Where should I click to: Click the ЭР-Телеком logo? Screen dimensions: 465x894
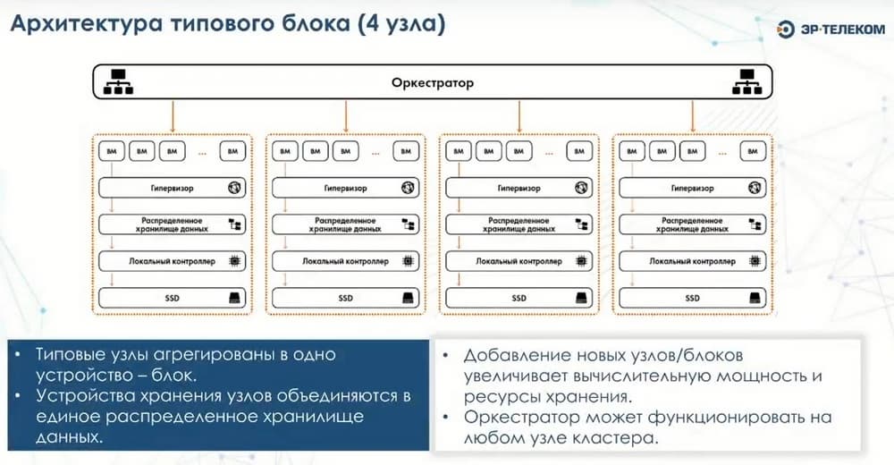coord(831,29)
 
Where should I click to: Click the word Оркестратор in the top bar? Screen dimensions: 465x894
coord(433,83)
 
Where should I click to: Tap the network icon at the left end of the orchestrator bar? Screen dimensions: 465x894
coord(117,83)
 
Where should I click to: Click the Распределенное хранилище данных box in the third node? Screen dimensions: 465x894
coord(518,224)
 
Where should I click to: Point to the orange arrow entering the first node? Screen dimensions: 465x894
coord(172,116)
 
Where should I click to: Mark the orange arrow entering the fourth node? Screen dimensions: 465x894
coord(694,116)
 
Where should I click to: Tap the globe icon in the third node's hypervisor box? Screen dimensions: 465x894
coord(581,189)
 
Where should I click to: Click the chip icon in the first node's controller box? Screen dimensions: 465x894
coord(234,261)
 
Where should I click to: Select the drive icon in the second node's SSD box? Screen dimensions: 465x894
coord(408,298)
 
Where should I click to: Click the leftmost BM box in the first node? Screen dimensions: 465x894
coord(112,151)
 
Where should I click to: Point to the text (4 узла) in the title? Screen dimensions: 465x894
coord(400,24)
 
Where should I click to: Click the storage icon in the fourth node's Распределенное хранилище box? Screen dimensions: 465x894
coord(755,224)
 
